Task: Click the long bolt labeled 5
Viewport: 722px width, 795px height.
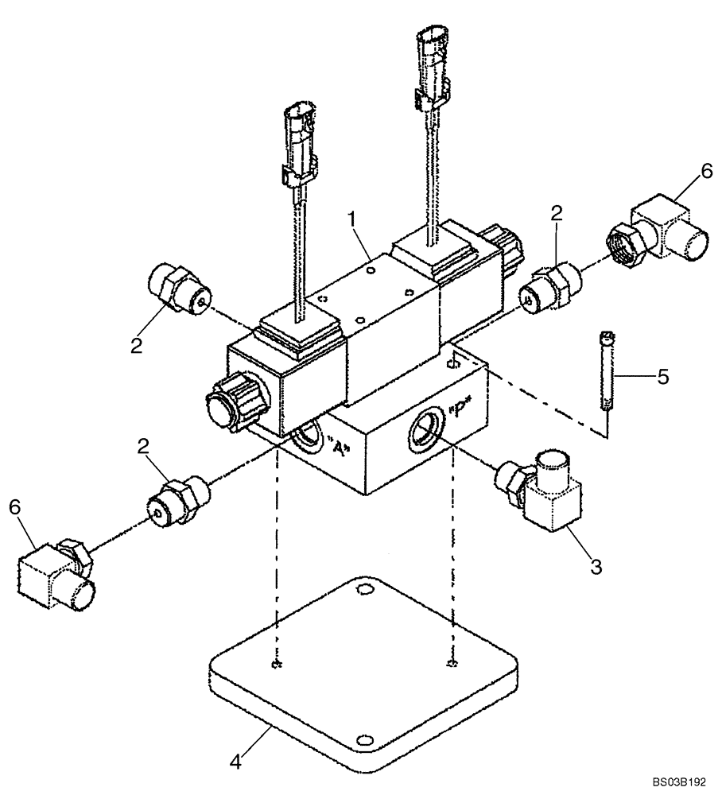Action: tap(607, 372)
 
